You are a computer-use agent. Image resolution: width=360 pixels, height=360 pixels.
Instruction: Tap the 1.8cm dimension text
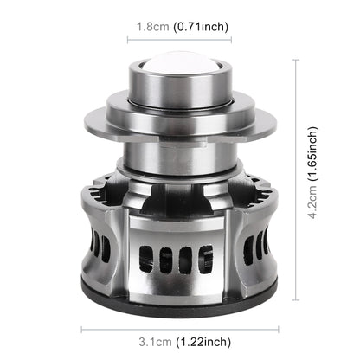(x=152, y=27)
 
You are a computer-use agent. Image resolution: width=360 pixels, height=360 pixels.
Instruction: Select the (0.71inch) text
(x=201, y=27)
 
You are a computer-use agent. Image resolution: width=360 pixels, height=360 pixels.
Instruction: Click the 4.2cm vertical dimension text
(x=312, y=202)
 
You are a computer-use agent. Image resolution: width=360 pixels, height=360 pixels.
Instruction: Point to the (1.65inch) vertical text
(x=312, y=154)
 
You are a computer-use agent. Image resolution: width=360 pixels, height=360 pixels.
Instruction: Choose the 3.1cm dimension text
(x=155, y=342)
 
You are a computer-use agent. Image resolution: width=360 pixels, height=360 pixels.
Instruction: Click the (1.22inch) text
(x=203, y=342)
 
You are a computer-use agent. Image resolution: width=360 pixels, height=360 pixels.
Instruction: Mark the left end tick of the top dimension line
(x=128, y=40)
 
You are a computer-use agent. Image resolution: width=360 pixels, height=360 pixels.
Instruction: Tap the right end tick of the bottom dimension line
(x=279, y=330)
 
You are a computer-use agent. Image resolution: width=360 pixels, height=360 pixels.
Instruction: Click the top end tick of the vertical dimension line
(x=296, y=60)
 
